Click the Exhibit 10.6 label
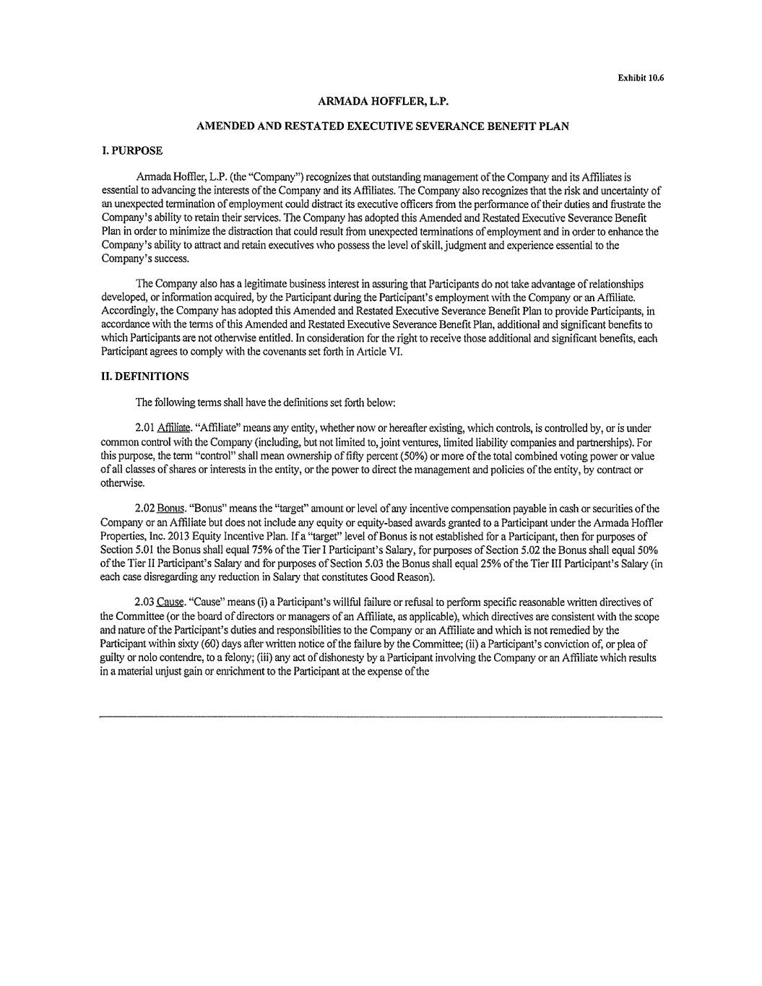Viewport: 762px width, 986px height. click(640, 78)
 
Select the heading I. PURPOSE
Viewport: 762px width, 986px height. click(133, 150)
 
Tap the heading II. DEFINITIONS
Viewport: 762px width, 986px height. click(146, 376)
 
